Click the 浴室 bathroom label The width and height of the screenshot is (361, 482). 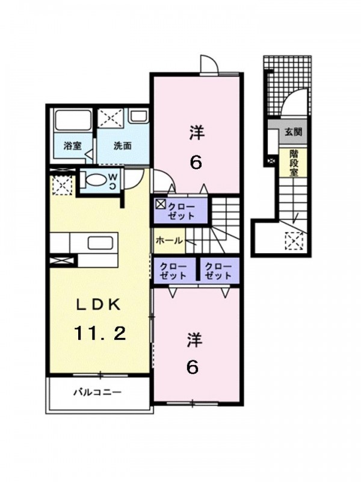click(x=73, y=146)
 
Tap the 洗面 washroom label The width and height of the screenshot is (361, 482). click(x=123, y=146)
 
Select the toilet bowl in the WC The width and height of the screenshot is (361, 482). click(x=95, y=180)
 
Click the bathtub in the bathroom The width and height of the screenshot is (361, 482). click(x=73, y=120)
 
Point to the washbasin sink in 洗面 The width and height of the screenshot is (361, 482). click(x=138, y=116)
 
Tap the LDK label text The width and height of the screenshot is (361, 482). click(x=97, y=304)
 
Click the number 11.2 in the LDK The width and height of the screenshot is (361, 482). click(x=100, y=333)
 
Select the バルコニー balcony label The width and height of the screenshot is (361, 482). click(x=97, y=392)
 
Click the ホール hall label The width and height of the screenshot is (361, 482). click(x=169, y=240)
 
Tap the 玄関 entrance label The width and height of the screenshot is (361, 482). click(x=293, y=132)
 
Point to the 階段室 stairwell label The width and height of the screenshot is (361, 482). click(x=293, y=163)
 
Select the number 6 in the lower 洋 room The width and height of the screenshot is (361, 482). click(x=192, y=367)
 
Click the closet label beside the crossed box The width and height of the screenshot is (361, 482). click(x=181, y=211)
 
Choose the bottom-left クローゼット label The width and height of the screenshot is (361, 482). click(x=173, y=271)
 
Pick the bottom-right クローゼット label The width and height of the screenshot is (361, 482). click(x=218, y=271)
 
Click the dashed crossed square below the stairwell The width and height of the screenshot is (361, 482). click(x=294, y=241)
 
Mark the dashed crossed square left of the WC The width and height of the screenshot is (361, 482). click(x=63, y=185)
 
